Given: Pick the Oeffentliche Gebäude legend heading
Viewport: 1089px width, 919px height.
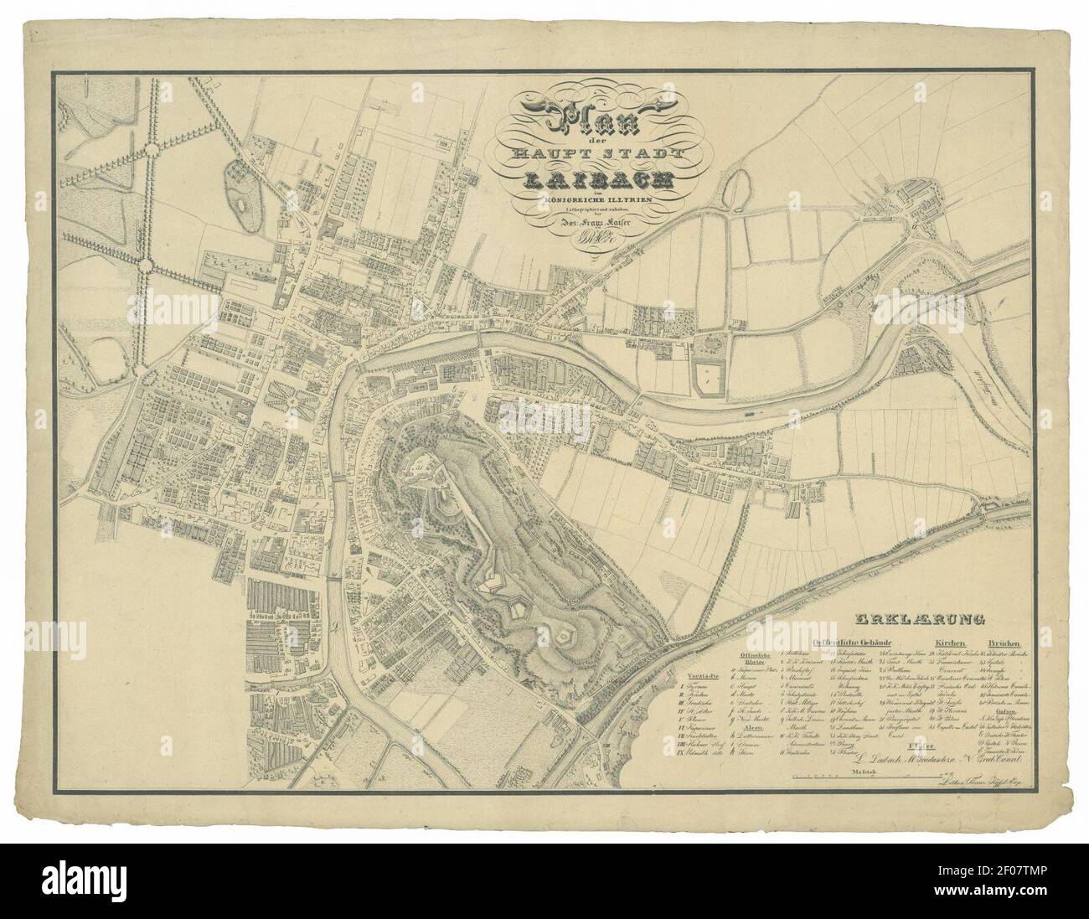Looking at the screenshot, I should click(x=852, y=642).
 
